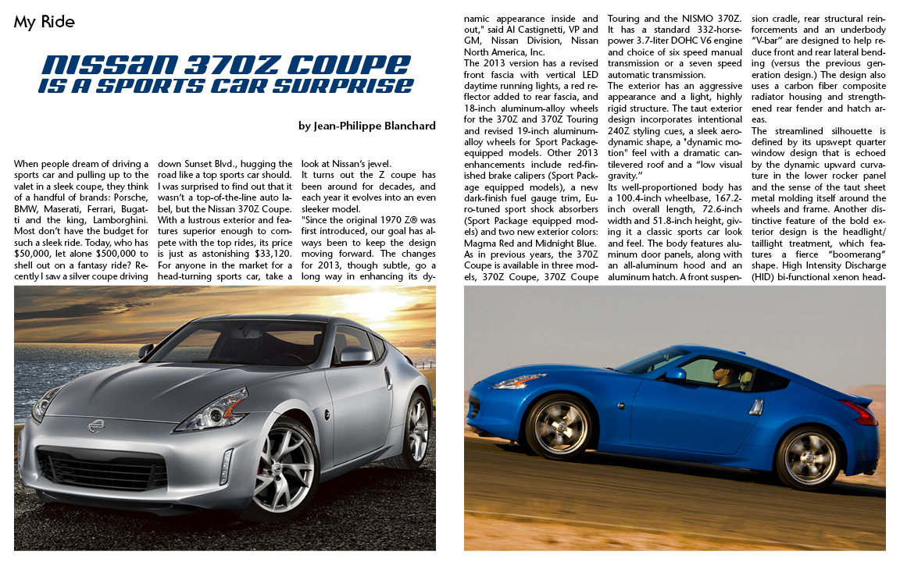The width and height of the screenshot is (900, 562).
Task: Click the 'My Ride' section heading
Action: (x=44, y=22)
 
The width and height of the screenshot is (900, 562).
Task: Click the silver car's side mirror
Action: (x=356, y=355)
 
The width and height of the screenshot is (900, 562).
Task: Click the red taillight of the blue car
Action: (x=859, y=411)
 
